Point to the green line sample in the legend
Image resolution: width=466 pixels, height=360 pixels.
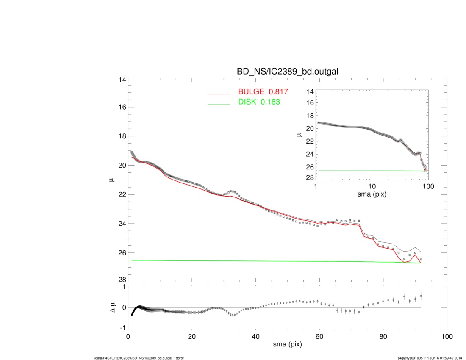(x=219, y=103)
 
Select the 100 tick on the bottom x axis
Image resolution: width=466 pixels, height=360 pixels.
(x=447, y=337)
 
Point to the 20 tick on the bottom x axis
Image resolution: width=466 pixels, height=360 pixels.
(x=192, y=337)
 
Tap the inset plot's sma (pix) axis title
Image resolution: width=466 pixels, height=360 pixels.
(x=372, y=194)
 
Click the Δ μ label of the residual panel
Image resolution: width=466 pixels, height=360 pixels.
(x=111, y=307)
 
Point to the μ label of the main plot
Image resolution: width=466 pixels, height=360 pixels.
(x=111, y=180)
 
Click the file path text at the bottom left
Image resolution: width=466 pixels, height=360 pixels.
(x=139, y=358)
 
